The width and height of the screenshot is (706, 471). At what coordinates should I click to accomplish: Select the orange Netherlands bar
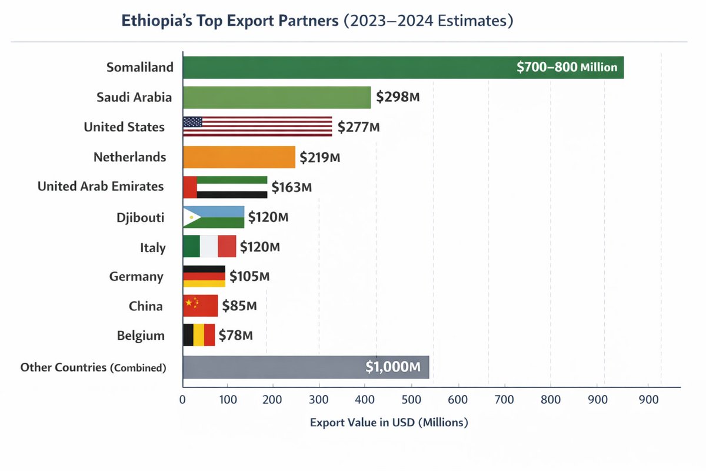[x=239, y=157]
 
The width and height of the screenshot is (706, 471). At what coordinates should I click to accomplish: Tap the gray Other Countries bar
[x=271, y=367]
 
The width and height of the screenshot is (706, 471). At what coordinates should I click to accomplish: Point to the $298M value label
[x=398, y=97]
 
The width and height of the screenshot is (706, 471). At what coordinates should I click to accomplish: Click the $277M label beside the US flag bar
[x=358, y=127]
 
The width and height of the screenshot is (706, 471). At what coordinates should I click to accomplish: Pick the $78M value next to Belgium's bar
[x=235, y=336]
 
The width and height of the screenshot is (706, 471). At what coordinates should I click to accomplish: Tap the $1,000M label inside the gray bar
[x=392, y=367]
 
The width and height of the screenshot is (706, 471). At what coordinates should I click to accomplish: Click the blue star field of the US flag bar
[x=193, y=122]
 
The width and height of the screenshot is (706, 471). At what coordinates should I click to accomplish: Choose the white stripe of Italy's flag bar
[x=209, y=246]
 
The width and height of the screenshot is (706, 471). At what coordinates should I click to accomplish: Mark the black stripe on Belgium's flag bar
[x=188, y=335]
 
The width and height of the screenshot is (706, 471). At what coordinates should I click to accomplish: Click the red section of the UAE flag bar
[x=190, y=187]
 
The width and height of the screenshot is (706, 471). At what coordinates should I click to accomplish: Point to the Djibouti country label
[x=140, y=218]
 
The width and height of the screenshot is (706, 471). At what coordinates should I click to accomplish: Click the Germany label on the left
[x=136, y=276]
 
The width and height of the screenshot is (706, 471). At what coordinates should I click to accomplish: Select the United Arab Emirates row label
[x=101, y=187]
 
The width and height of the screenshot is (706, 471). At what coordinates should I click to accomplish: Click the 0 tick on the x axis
[x=183, y=399]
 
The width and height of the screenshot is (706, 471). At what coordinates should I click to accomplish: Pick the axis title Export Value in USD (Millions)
[x=388, y=423]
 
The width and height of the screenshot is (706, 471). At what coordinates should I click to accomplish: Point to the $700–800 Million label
[x=567, y=68]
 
